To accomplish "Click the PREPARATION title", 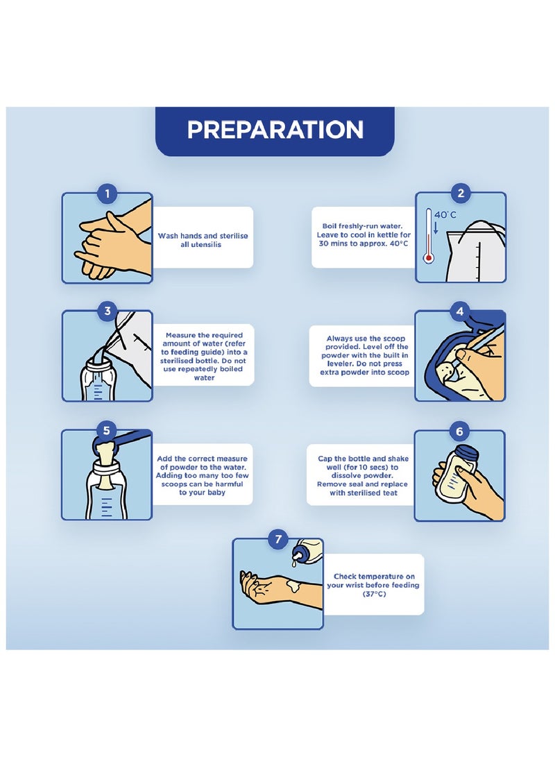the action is [275, 130].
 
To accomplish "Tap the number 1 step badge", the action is [107, 194].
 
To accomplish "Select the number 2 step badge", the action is [461, 194].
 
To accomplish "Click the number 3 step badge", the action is [107, 312].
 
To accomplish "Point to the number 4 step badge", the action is [460, 312].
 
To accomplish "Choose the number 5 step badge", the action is [106, 431].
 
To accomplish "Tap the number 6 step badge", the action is [459, 431].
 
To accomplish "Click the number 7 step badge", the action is [278, 539].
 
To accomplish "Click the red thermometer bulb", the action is [429, 258].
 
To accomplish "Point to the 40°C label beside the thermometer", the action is [445, 215].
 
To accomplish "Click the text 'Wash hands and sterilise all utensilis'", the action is [203, 241].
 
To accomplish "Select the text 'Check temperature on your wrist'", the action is [373, 581].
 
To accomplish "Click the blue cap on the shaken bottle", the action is [467, 453].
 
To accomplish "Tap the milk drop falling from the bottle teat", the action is [294, 562].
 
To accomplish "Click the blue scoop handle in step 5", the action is [130, 437].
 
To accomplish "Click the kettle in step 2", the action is [475, 252].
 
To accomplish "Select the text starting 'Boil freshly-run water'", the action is [364, 235].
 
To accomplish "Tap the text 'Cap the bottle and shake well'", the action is [363, 463].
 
